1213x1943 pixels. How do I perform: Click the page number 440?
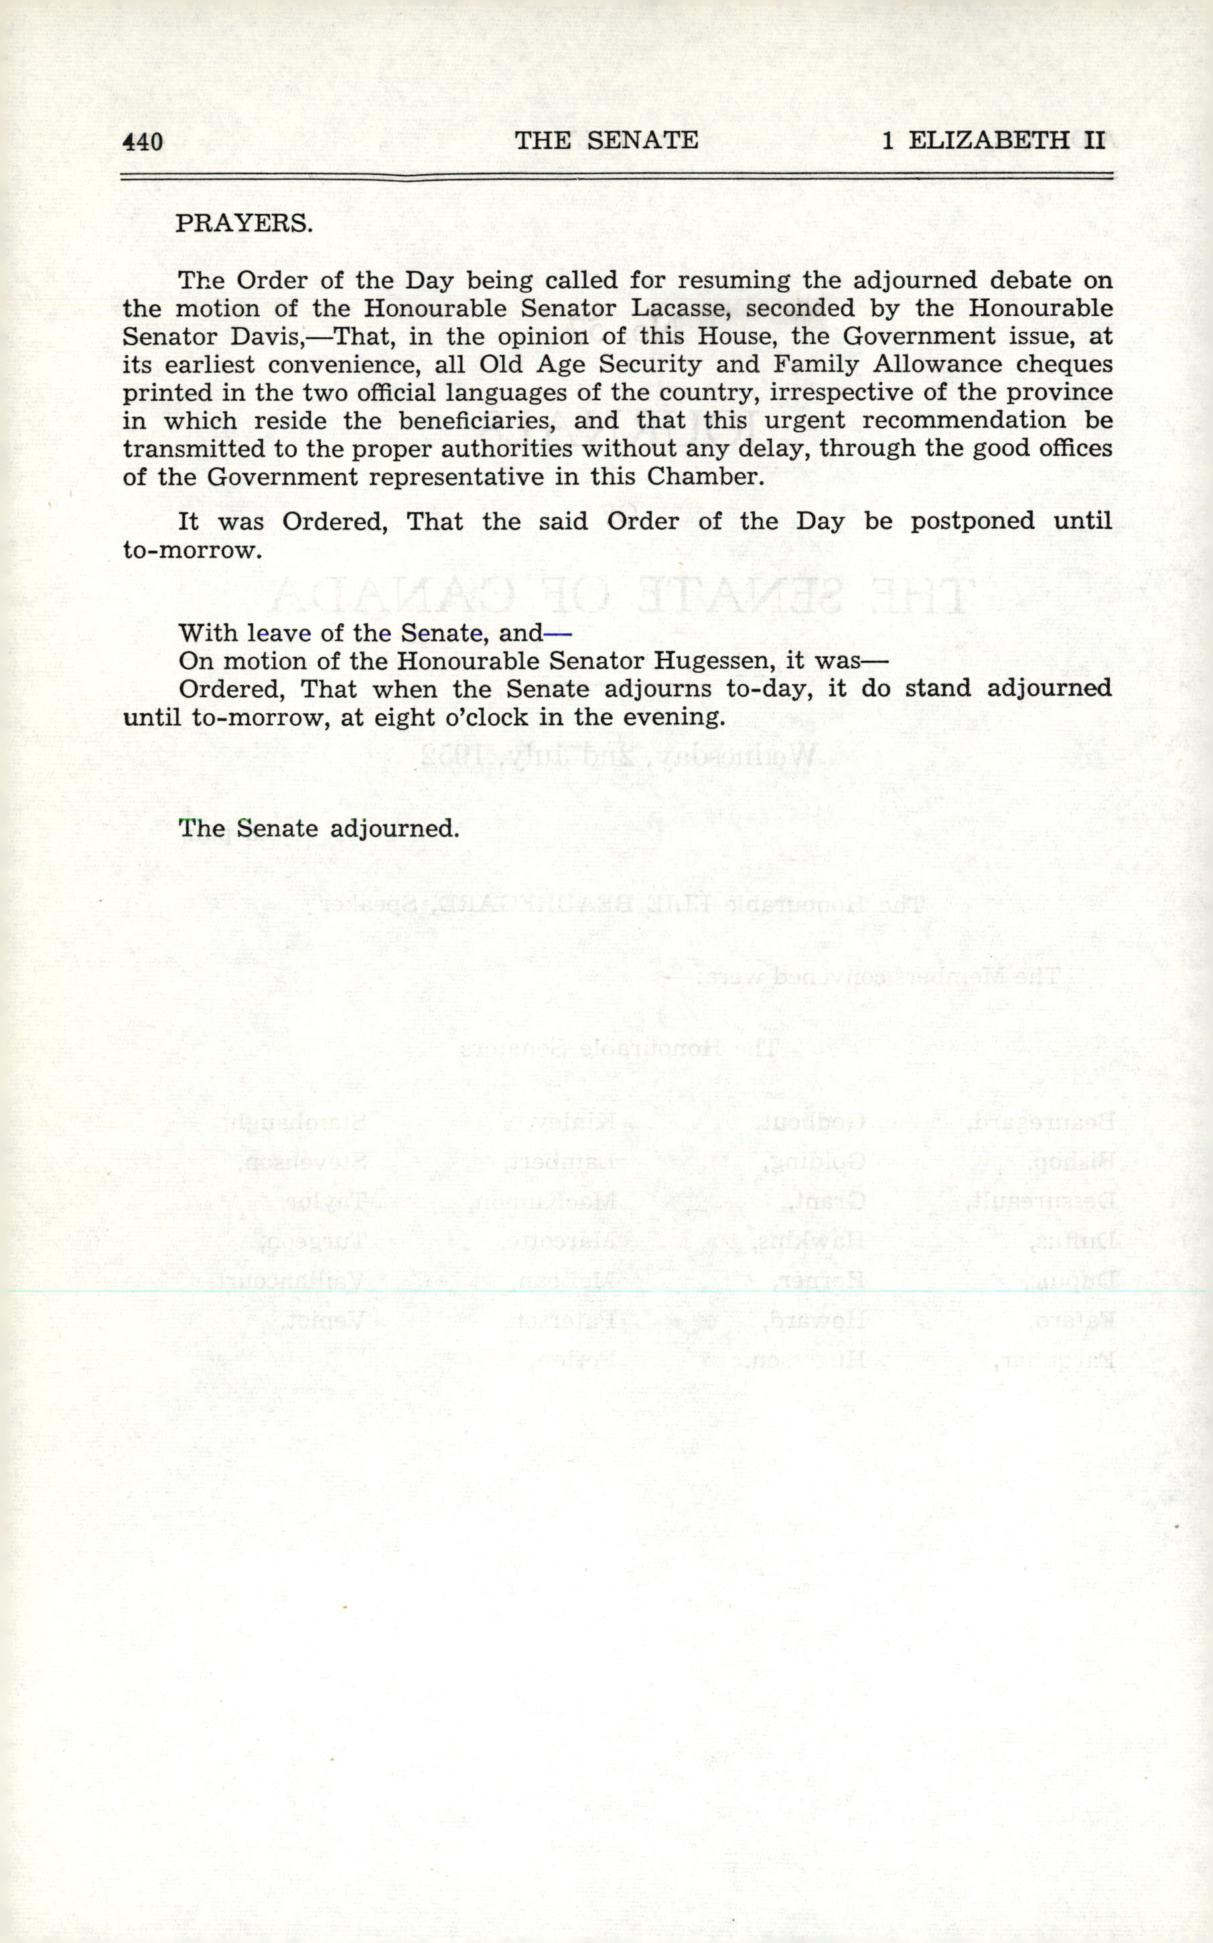coord(143,142)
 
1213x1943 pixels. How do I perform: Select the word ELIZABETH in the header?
coord(989,141)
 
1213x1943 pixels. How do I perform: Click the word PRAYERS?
coord(244,223)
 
